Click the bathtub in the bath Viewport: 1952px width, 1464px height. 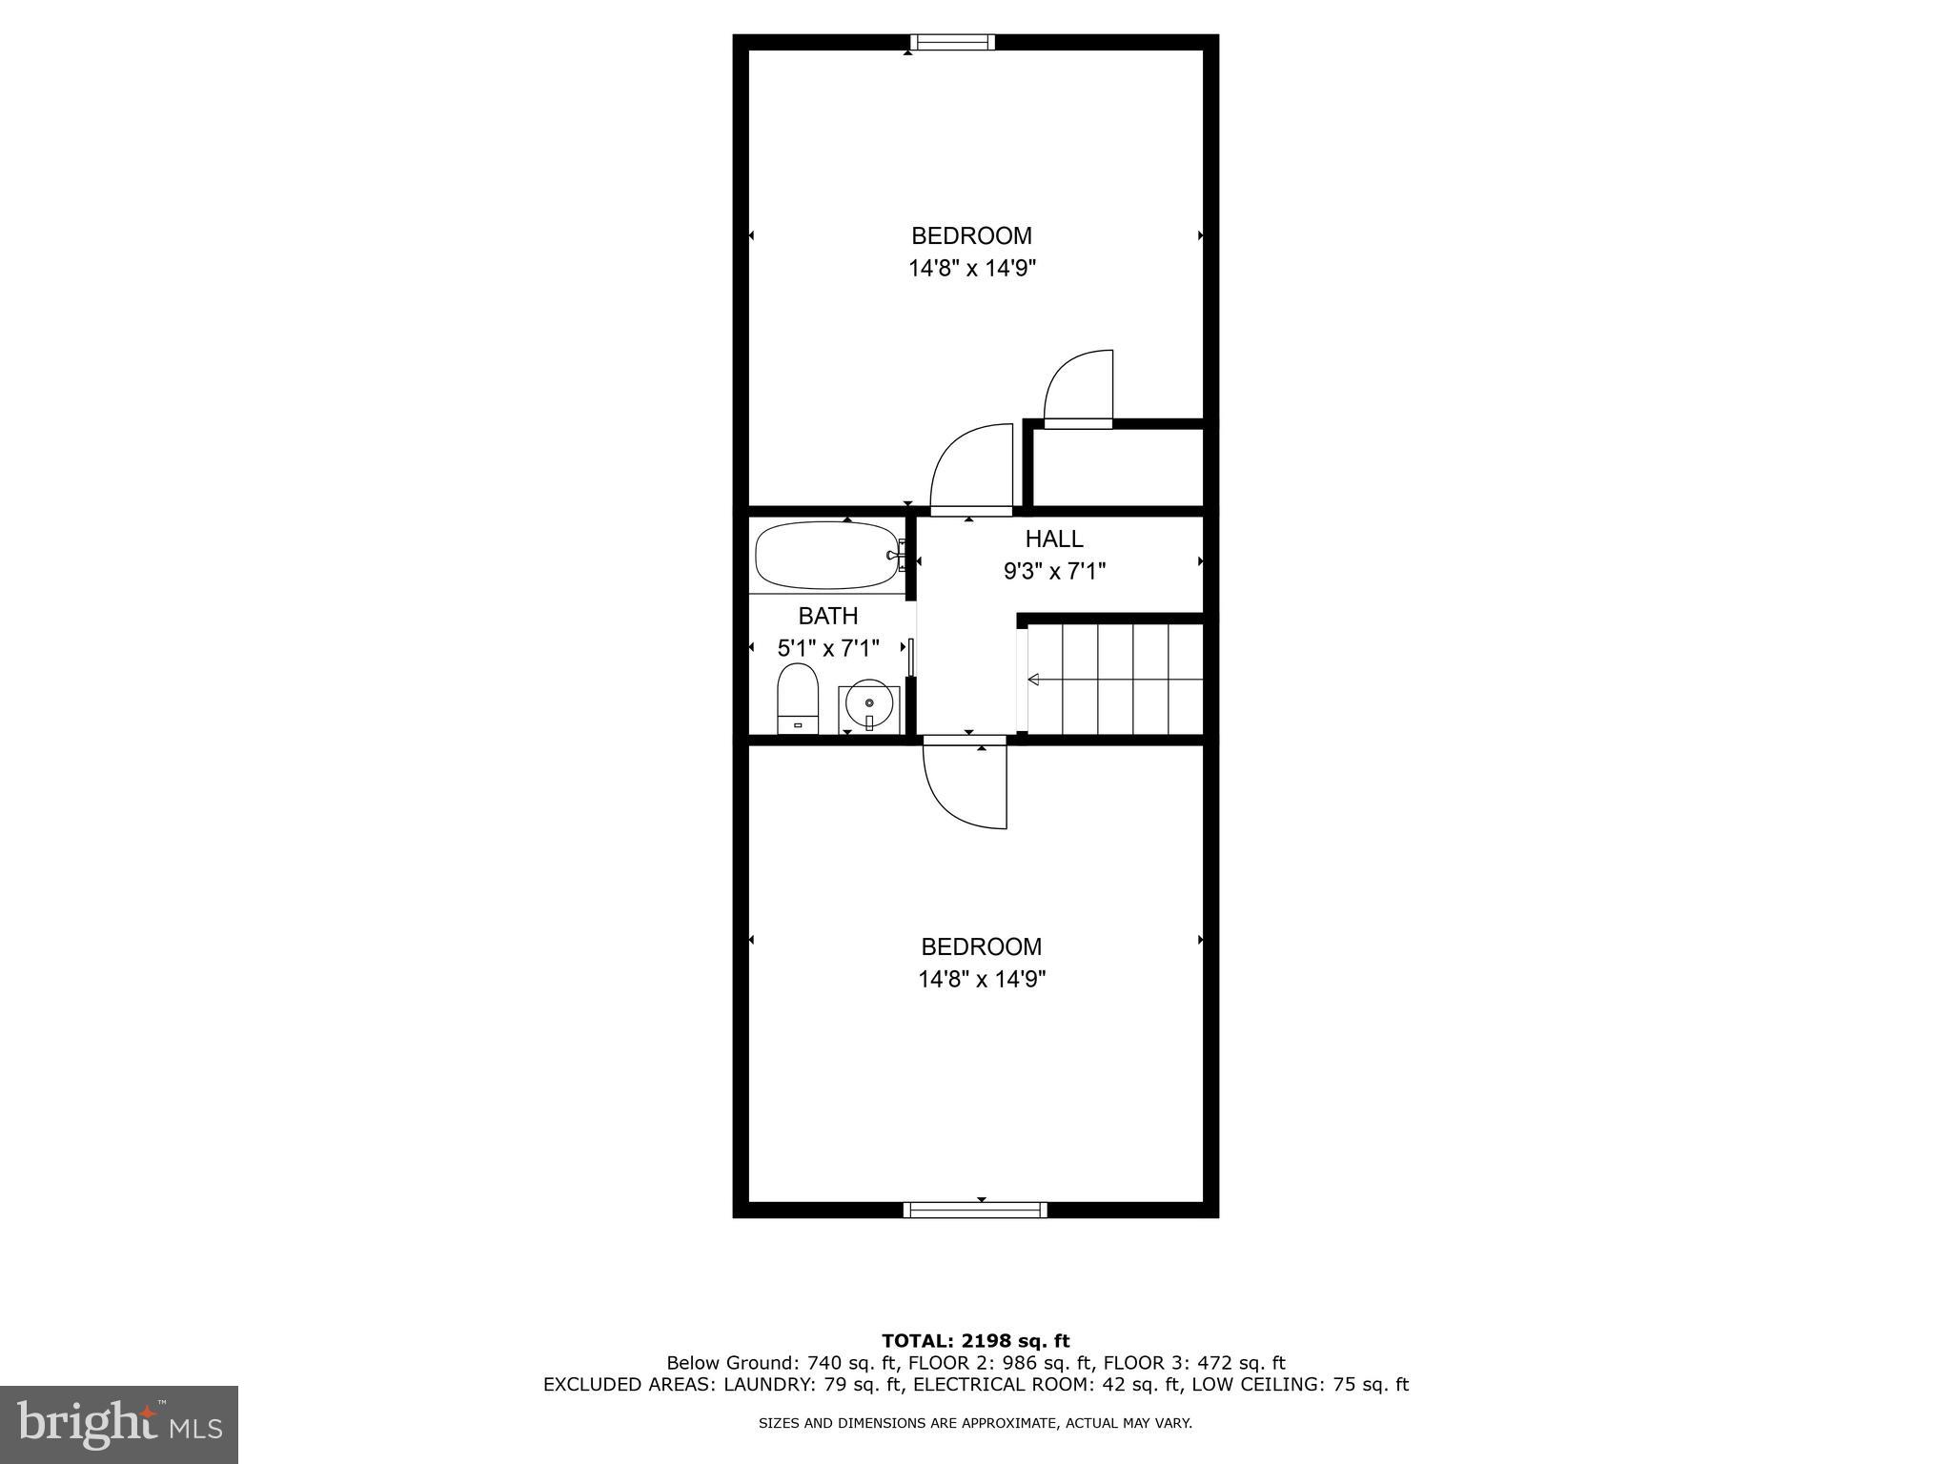tap(825, 555)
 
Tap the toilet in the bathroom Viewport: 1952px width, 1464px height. tap(798, 698)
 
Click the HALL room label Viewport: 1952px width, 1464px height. tap(1054, 539)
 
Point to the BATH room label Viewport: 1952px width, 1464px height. tap(828, 616)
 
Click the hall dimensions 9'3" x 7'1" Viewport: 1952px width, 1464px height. tap(1054, 572)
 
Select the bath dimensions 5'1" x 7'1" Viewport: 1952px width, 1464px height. tap(828, 649)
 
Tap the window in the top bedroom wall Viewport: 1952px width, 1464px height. tap(951, 42)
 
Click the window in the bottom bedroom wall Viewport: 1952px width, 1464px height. tap(975, 1210)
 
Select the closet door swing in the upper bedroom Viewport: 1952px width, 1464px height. tap(1079, 389)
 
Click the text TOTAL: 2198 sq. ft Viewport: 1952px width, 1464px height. tap(975, 1342)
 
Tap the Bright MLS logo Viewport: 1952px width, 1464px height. tap(119, 1424)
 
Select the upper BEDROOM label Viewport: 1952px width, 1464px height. tap(971, 235)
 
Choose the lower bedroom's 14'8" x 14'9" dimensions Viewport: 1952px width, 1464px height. tap(982, 979)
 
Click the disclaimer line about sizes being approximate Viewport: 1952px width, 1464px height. tap(975, 1424)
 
